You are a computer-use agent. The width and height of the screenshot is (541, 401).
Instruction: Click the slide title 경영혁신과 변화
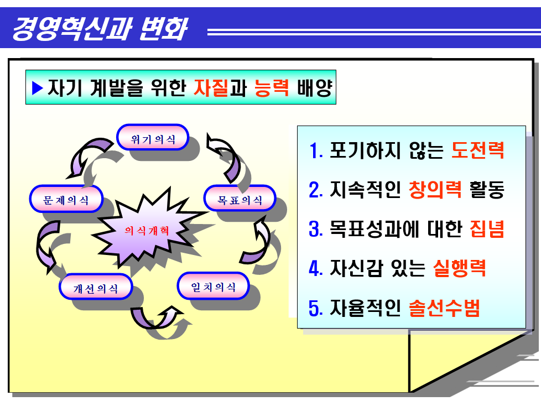[x=100, y=29]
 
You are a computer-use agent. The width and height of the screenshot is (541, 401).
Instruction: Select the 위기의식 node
[x=153, y=138]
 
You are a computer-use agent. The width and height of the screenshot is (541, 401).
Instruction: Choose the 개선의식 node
[x=96, y=288]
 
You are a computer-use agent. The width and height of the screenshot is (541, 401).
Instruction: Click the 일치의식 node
[x=213, y=287]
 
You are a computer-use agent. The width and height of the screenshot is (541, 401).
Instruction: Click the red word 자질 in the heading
[x=211, y=88]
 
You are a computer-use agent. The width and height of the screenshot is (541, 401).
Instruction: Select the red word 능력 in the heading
[x=272, y=88]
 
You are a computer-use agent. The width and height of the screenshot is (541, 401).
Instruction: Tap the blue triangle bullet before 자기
[x=38, y=88]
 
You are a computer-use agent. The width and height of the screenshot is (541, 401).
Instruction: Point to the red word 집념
[x=487, y=229]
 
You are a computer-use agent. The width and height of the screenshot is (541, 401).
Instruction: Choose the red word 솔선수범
[x=444, y=308]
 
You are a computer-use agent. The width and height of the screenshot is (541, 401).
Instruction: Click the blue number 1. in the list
[x=316, y=151]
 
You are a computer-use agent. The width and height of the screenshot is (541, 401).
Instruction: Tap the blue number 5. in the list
[x=316, y=308]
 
